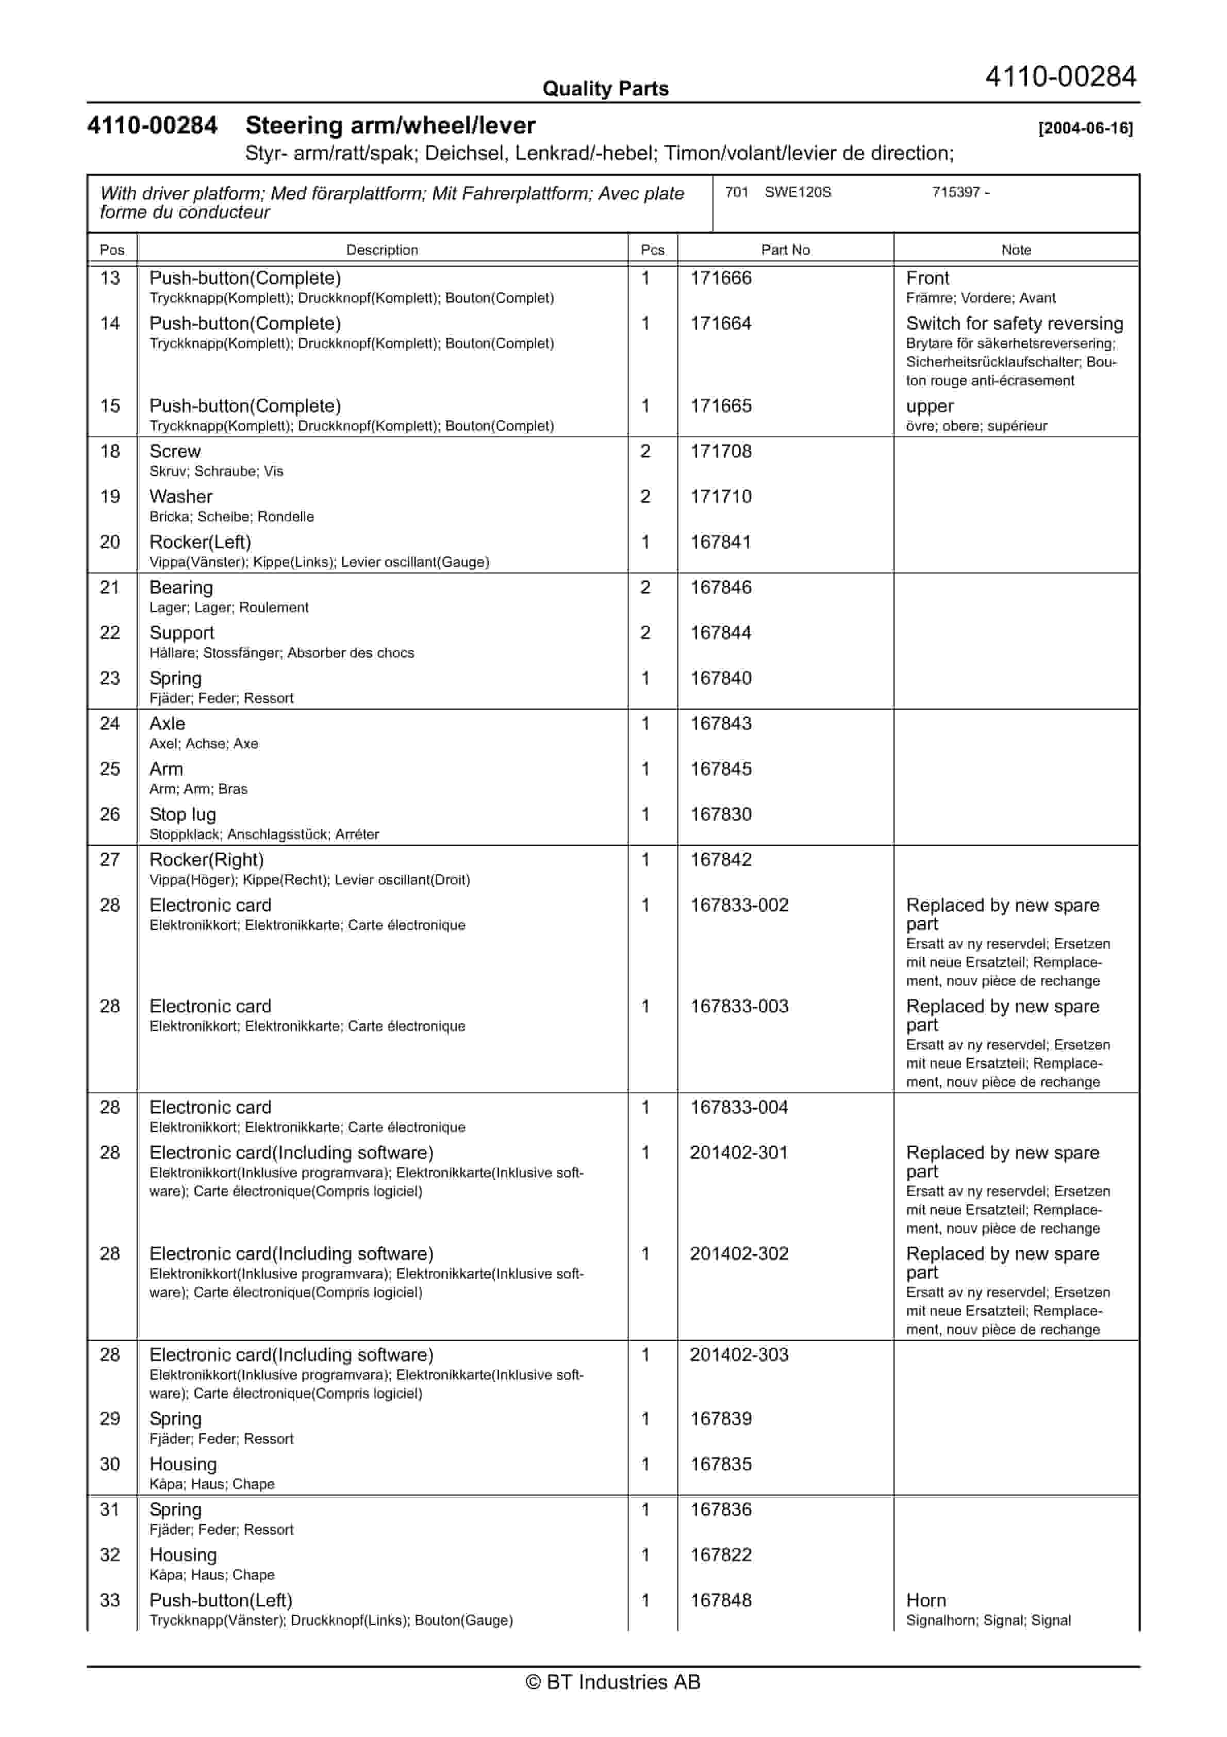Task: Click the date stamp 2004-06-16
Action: pos(1086,128)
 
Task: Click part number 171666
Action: pos(721,278)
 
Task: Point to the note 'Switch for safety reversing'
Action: pos(1015,324)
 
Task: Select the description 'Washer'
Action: pos(181,497)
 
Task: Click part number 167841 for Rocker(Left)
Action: pos(721,543)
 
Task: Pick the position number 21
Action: pos(110,588)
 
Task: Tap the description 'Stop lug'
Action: pos(183,815)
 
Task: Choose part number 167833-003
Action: pos(739,1007)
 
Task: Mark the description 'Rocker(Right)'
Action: pos(207,860)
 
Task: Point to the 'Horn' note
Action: pos(926,1601)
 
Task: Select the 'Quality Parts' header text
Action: pos(605,89)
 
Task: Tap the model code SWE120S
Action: pos(798,192)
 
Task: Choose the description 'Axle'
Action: pos(167,724)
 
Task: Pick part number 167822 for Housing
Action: pos(721,1555)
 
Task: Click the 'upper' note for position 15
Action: pos(930,406)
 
